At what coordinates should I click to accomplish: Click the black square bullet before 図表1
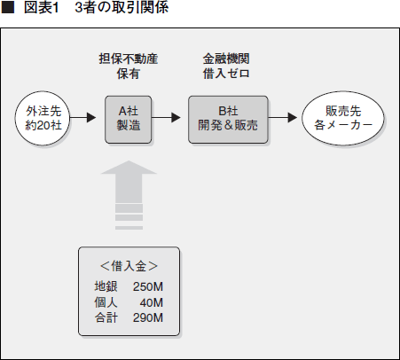click(8, 8)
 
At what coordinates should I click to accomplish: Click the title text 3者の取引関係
click(122, 7)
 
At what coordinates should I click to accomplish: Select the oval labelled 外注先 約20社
click(43, 118)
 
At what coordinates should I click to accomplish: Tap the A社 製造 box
click(129, 120)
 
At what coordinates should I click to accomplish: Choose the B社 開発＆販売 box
click(228, 120)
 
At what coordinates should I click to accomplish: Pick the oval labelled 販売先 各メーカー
click(343, 118)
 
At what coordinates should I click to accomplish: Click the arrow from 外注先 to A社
click(83, 118)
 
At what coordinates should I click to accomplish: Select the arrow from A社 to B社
click(166, 118)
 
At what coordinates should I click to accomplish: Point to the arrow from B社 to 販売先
click(282, 118)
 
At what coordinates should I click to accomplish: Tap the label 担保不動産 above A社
click(129, 59)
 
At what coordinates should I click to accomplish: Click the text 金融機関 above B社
click(226, 59)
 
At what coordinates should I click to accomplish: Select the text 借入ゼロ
click(226, 74)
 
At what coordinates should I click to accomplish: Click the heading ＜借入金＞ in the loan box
click(129, 266)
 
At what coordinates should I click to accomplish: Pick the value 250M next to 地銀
click(148, 286)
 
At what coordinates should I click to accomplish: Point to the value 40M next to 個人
click(152, 302)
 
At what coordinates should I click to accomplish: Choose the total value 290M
click(148, 317)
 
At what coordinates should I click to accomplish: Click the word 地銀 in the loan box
click(106, 286)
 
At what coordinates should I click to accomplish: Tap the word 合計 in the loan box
click(106, 317)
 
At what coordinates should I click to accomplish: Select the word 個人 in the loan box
click(106, 302)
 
